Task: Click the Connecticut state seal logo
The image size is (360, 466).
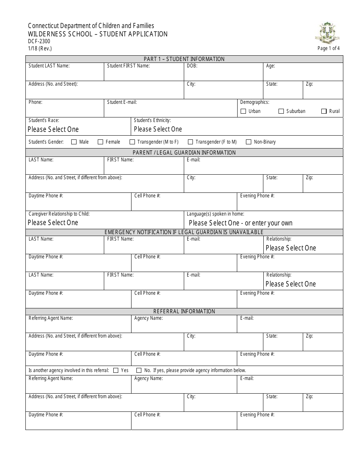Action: click(x=327, y=33)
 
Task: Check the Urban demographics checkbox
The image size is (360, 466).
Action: click(x=243, y=111)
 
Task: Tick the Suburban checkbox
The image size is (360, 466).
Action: click(x=281, y=111)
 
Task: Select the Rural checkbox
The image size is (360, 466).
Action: click(x=324, y=111)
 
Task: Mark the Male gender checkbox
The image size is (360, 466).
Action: click(x=74, y=142)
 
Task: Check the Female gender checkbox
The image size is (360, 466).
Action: click(x=100, y=142)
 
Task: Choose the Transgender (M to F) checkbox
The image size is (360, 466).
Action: click(x=132, y=142)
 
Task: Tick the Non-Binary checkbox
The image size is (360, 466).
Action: click(x=249, y=142)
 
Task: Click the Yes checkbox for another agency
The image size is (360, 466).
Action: click(x=116, y=370)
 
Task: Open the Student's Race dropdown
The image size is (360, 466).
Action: click(x=53, y=129)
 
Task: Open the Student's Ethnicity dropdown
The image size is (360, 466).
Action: click(x=158, y=129)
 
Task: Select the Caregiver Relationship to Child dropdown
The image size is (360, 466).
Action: click(x=53, y=222)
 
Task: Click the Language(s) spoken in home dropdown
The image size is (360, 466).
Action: click(x=241, y=223)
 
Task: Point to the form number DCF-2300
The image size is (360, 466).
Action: click(x=39, y=41)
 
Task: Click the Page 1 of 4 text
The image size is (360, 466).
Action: click(x=329, y=48)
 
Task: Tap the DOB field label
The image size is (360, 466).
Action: click(x=192, y=66)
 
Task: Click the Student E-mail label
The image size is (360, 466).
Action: click(x=122, y=102)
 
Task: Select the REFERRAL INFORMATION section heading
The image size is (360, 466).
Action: click(x=184, y=311)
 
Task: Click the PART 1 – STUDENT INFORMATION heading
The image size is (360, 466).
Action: click(x=184, y=59)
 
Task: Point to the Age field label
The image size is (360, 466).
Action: click(x=271, y=66)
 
